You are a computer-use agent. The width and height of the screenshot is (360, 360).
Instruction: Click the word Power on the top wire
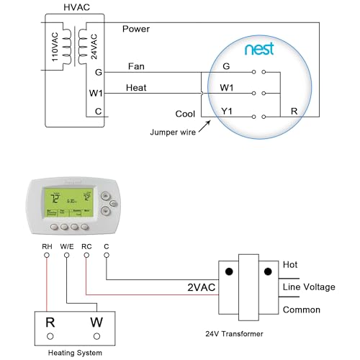pyautogui.click(x=136, y=29)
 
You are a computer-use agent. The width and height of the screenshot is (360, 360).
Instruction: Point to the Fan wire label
pyautogui.click(x=136, y=66)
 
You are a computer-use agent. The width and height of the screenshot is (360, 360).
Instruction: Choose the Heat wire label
pyautogui.click(x=138, y=88)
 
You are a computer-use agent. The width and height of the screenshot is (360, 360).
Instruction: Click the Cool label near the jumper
pyautogui.click(x=185, y=114)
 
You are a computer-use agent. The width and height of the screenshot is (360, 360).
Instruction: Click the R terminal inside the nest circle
pyautogui.click(x=293, y=112)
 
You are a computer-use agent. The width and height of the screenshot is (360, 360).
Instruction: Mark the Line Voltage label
pyautogui.click(x=309, y=287)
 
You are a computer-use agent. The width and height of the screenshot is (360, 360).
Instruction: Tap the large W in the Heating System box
pyautogui.click(x=96, y=321)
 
